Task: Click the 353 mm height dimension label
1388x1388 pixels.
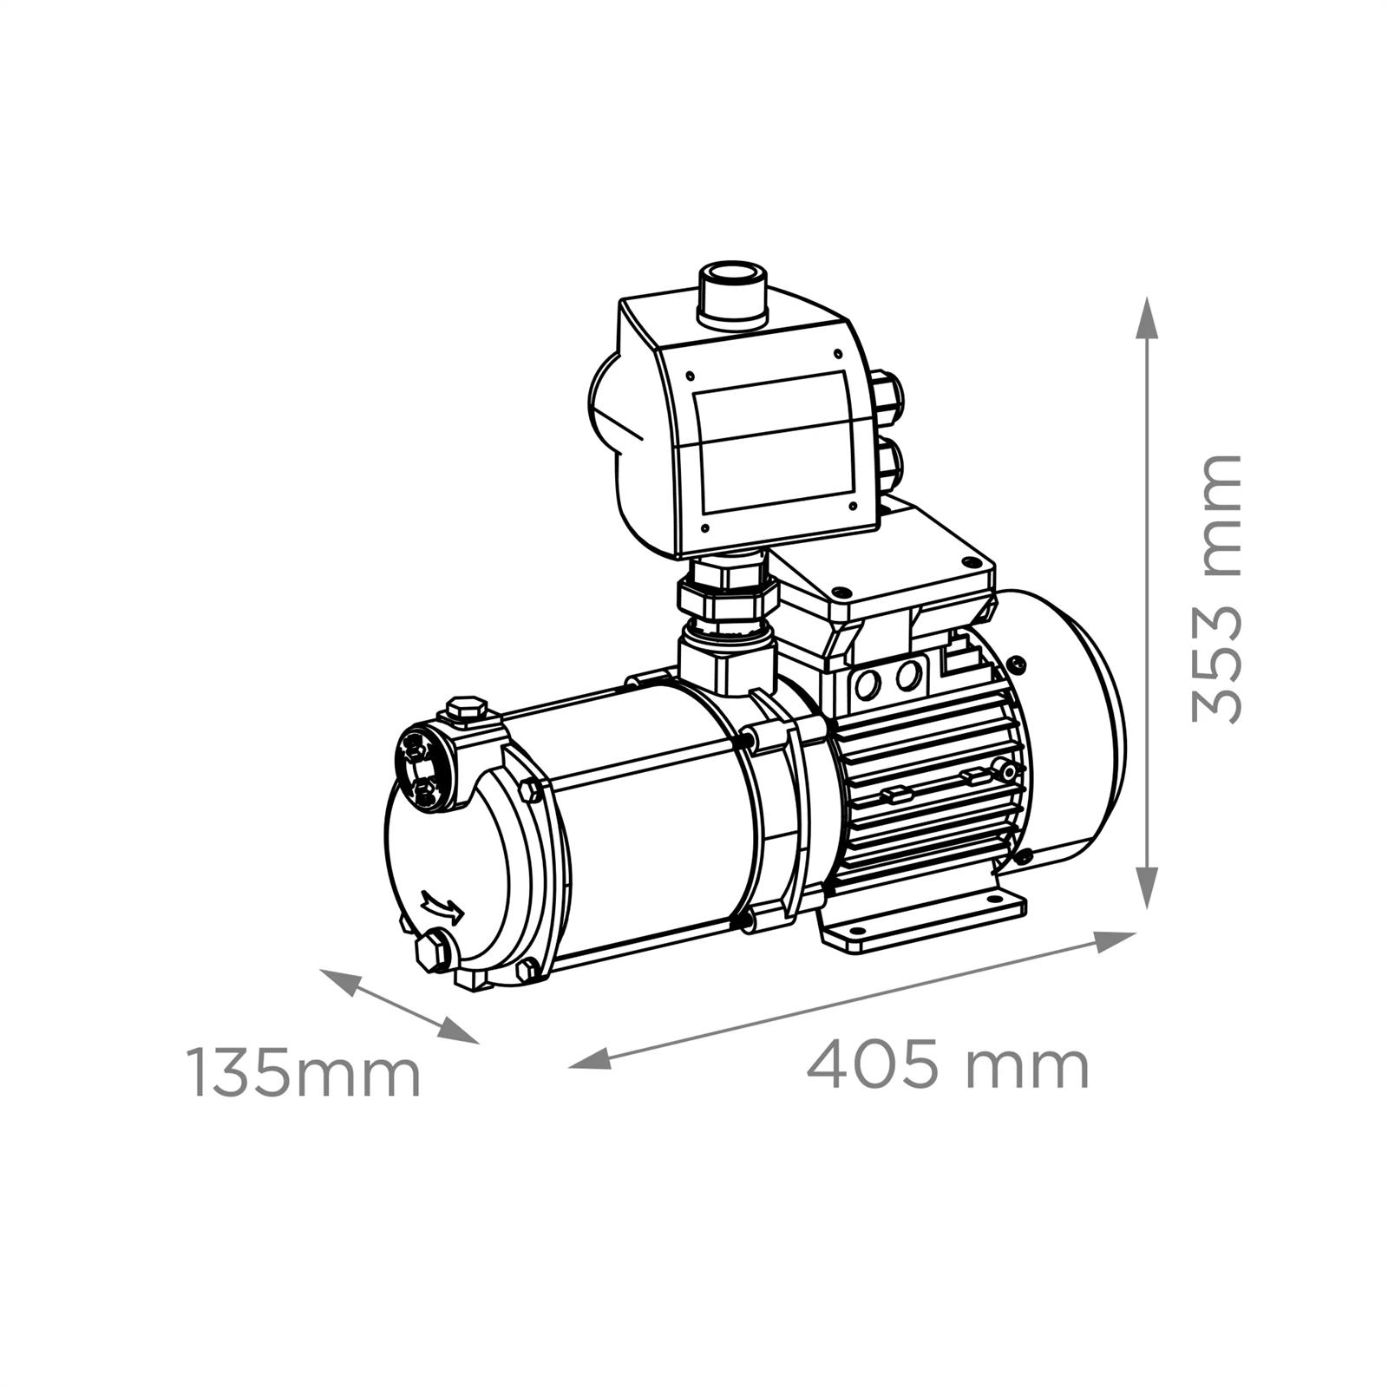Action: pos(1217,588)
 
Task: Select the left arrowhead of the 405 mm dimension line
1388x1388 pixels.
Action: pos(590,1058)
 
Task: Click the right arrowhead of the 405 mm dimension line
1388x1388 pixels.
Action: pos(1116,940)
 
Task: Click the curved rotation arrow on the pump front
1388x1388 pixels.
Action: pos(442,907)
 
